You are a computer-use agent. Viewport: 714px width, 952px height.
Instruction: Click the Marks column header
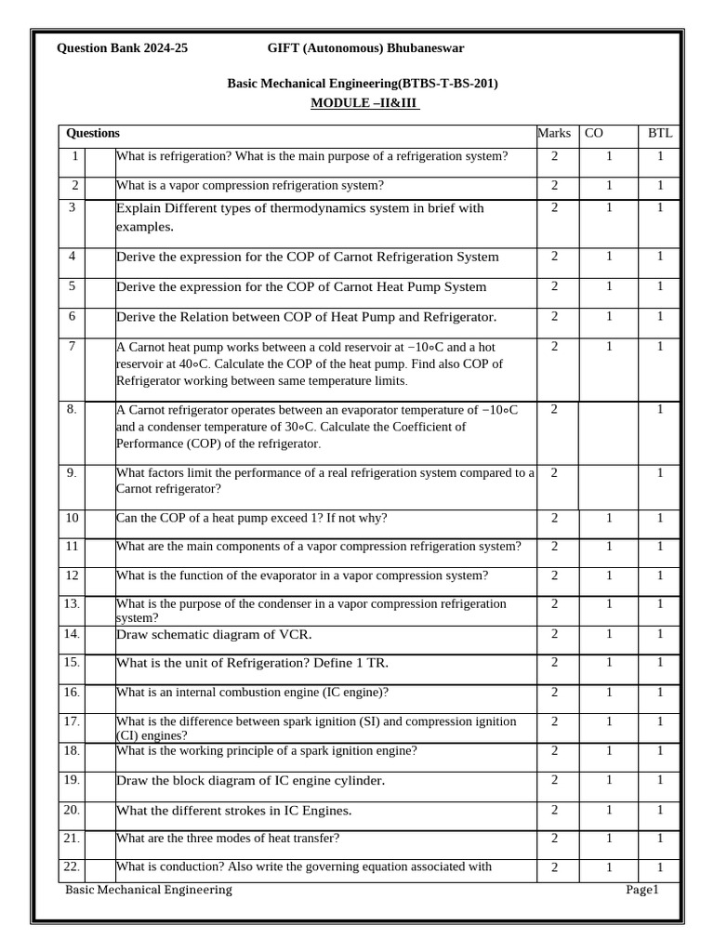pos(554,134)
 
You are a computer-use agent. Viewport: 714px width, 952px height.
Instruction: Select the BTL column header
pos(659,134)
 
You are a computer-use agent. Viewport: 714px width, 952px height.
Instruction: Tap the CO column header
pos(593,134)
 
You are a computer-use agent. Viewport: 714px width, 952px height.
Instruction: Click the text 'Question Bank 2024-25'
pos(122,48)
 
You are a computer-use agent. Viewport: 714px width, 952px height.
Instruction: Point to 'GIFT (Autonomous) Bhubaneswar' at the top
pos(365,48)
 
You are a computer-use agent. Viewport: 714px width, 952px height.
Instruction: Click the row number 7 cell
pos(73,347)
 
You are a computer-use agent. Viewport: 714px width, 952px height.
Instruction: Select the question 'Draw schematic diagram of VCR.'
pos(214,635)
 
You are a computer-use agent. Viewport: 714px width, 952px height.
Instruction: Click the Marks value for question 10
pos(554,518)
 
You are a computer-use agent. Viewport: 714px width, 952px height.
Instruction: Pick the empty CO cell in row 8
pos(609,427)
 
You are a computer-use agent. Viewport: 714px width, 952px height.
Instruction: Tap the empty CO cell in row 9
pos(609,481)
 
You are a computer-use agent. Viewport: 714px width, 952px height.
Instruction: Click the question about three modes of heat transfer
pos(228,839)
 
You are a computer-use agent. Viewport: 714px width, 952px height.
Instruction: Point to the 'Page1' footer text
pos(641,891)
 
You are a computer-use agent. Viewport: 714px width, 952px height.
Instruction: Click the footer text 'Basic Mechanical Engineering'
pos(149,891)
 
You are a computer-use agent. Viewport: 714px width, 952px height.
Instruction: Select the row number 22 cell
pos(73,867)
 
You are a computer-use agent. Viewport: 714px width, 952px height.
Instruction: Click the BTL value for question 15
pos(660,663)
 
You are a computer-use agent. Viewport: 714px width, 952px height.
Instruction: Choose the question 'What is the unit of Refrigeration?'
pos(252,664)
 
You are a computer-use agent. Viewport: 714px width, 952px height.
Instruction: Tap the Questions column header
pos(93,134)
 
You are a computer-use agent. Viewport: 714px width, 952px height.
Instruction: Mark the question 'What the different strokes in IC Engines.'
pos(233,811)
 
